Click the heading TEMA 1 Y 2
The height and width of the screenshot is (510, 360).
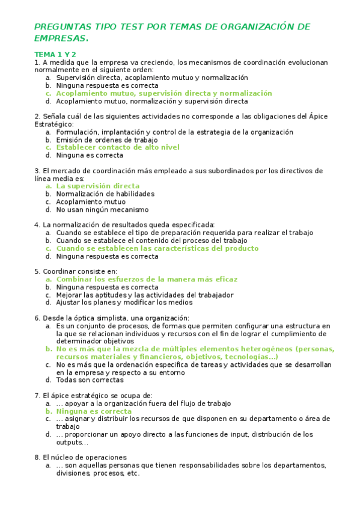point(55,54)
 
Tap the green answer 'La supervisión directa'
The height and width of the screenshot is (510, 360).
point(97,186)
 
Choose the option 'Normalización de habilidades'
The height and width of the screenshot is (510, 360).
point(105,194)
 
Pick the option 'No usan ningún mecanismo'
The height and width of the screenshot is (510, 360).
point(102,210)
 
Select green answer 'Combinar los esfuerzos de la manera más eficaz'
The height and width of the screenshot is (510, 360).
point(147,280)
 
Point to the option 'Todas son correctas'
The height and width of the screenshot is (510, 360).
point(91,380)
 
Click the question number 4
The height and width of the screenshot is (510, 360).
point(37,225)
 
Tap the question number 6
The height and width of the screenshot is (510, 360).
point(37,318)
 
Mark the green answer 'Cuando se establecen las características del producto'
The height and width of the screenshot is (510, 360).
point(157,248)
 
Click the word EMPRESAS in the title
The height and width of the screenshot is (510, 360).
point(60,38)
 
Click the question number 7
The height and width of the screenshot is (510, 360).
point(37,396)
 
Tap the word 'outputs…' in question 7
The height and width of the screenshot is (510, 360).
point(73,443)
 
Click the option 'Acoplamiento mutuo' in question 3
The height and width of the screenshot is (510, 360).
point(91,202)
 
